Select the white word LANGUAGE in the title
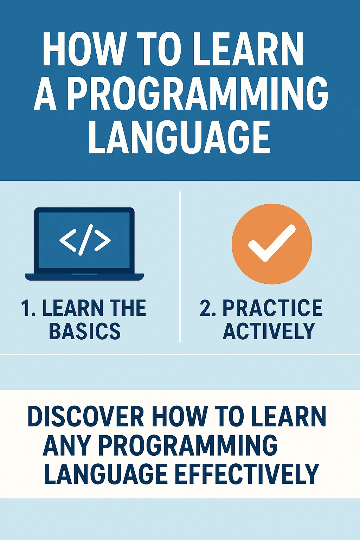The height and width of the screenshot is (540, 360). pyautogui.click(x=179, y=137)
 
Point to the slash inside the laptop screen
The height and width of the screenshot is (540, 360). pyautogui.click(x=85, y=240)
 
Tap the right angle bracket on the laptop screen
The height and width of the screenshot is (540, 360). pyautogui.click(x=102, y=240)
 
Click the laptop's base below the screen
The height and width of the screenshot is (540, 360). pyautogui.click(x=84, y=277)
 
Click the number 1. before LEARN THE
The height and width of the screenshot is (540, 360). pyautogui.click(x=28, y=308)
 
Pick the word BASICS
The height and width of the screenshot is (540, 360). pyautogui.click(x=85, y=331)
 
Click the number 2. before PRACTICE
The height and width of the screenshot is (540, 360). pyautogui.click(x=208, y=308)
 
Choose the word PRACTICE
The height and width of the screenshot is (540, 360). pyautogui.click(x=272, y=308)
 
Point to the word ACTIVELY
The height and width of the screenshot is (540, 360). pyautogui.click(x=269, y=331)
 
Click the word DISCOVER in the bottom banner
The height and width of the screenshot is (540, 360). pyautogui.click(x=86, y=417)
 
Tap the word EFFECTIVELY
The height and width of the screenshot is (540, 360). pyautogui.click(x=246, y=474)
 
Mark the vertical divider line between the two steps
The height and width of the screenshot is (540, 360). pyautogui.click(x=180, y=267)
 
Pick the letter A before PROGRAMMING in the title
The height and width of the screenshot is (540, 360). pyautogui.click(x=45, y=93)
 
